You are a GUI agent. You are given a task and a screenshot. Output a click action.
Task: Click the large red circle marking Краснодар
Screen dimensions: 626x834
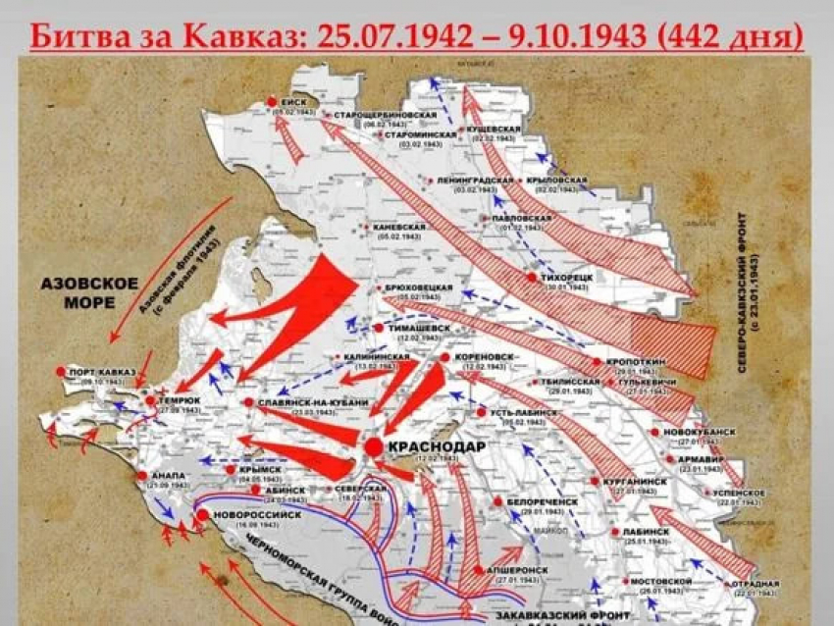374,447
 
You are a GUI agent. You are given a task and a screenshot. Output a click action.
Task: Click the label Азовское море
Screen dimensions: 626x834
89,291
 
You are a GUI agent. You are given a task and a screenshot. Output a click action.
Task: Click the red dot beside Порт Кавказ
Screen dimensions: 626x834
61,372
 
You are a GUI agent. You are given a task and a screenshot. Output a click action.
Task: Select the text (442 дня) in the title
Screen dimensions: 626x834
732,37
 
